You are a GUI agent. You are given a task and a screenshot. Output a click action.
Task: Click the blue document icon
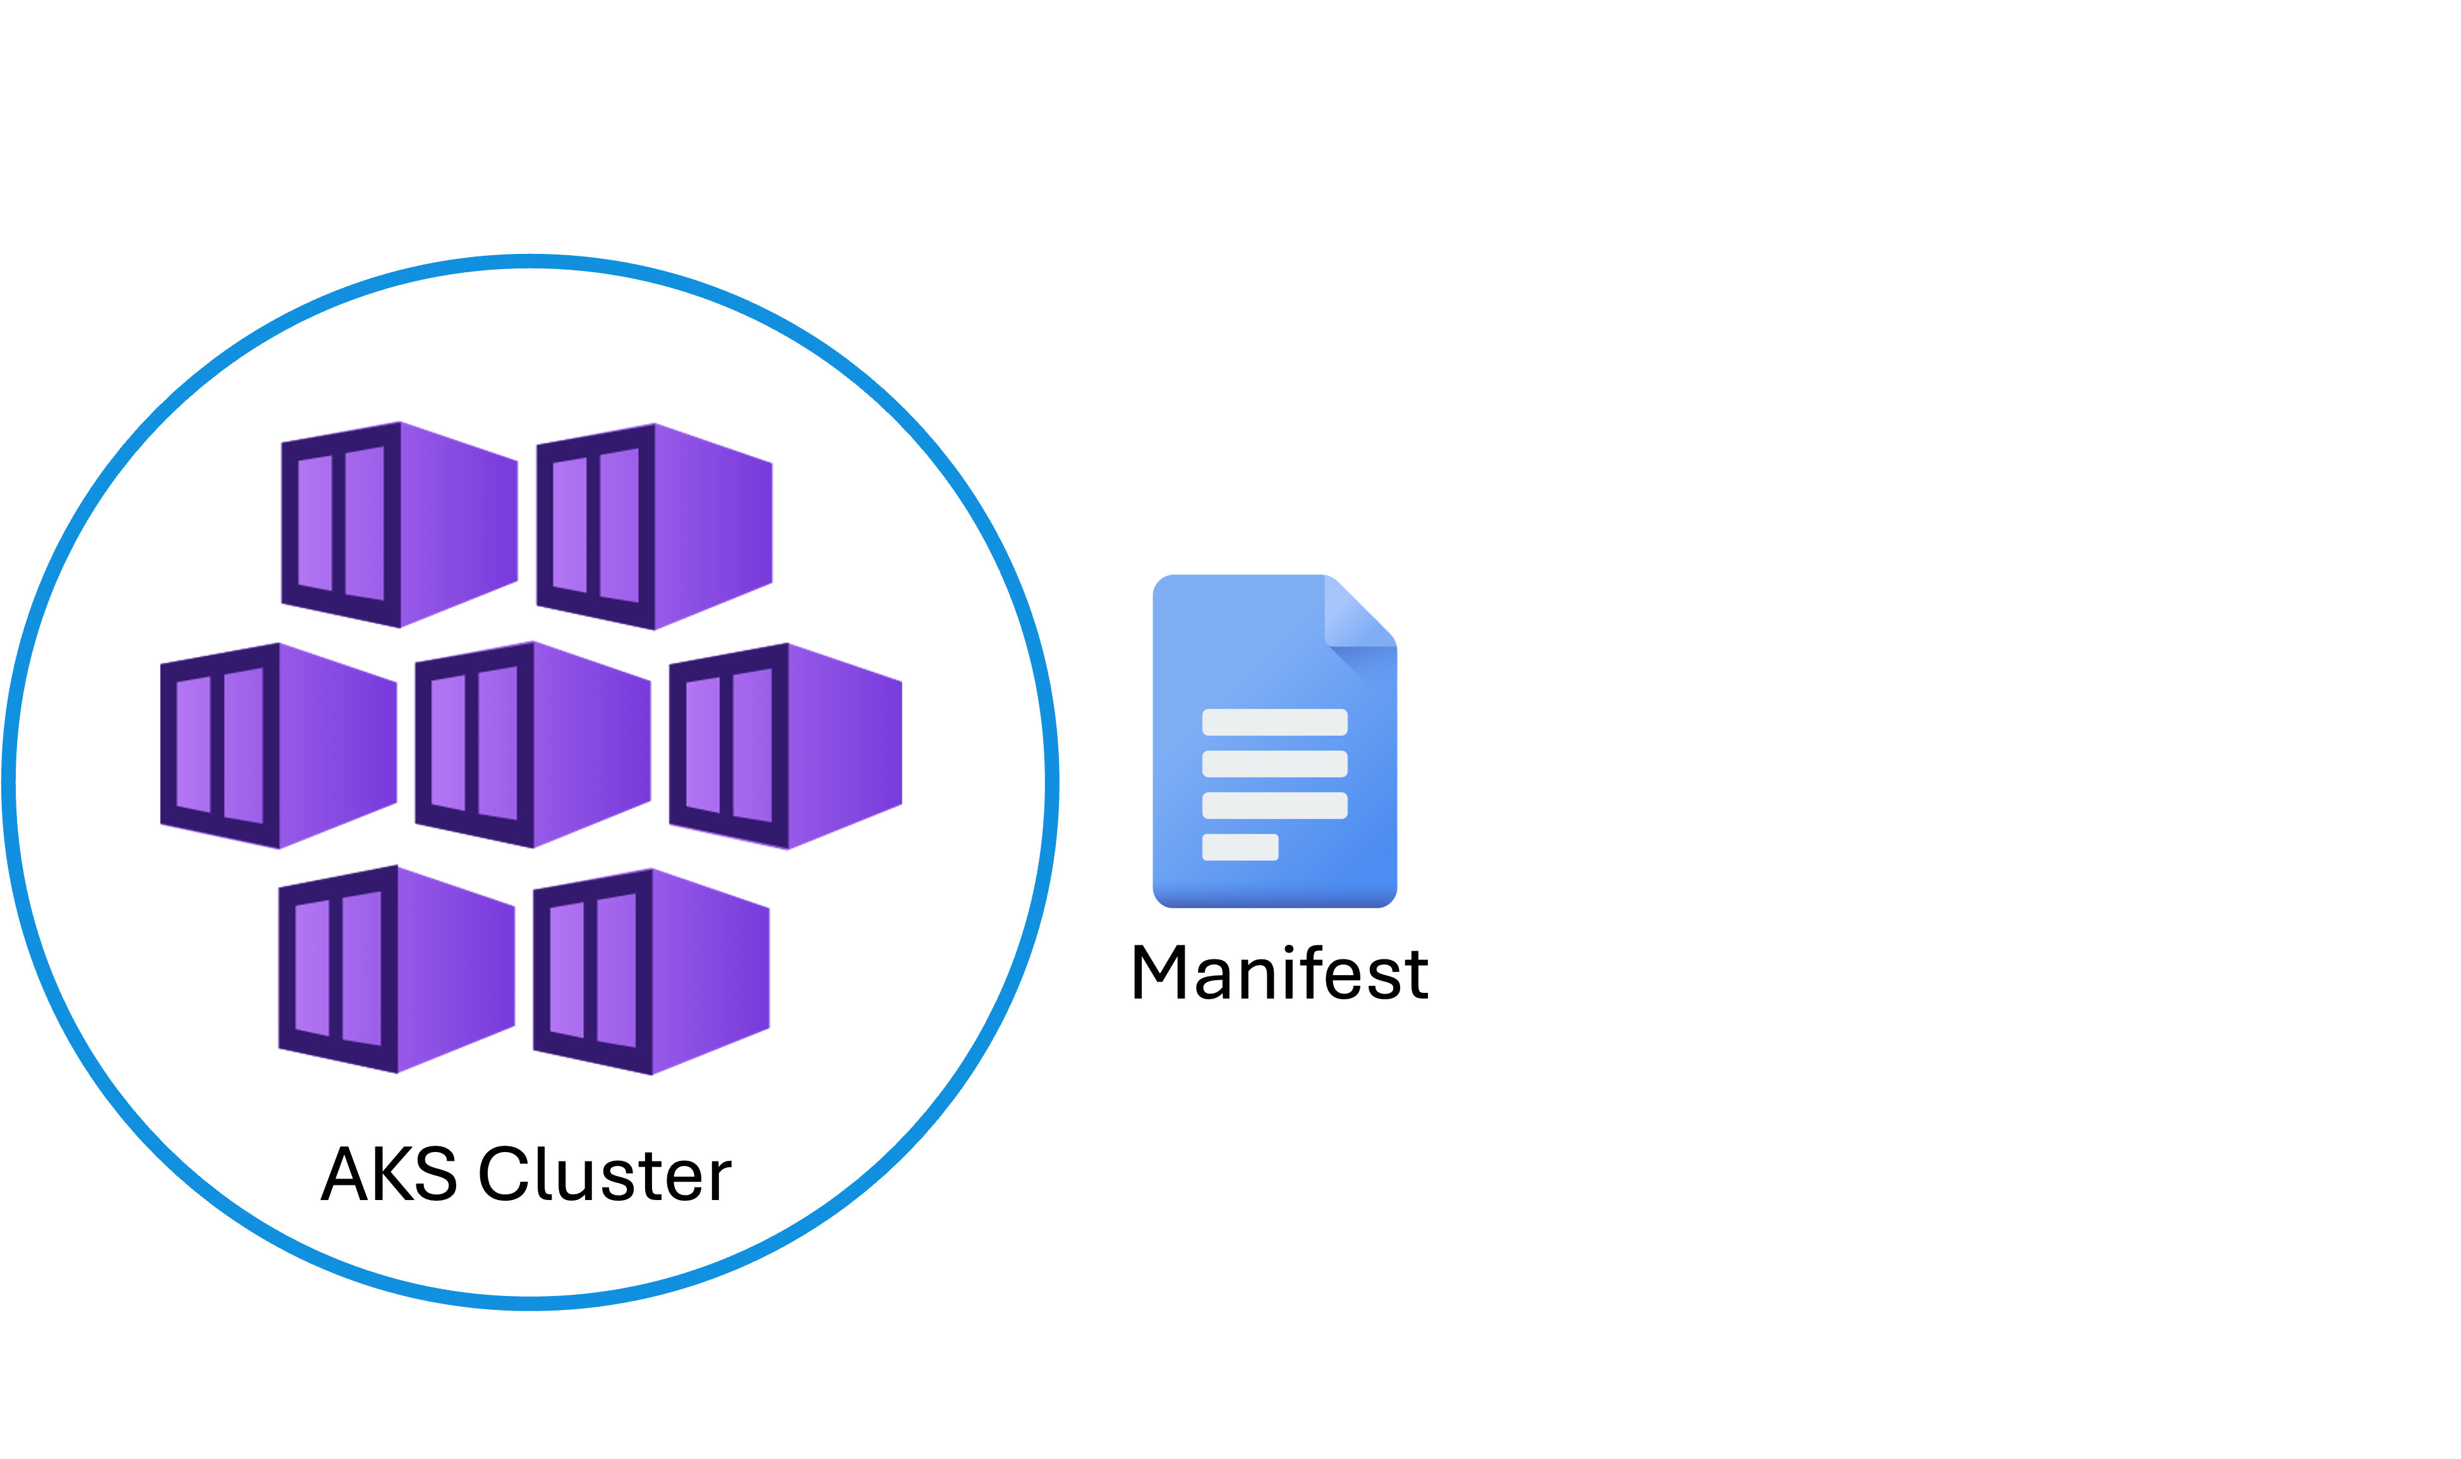pyautogui.click(x=1274, y=740)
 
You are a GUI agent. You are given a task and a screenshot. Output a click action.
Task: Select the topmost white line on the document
pyautogui.click(x=1274, y=722)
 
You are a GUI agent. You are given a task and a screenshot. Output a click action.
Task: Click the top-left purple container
pyautogui.click(x=399, y=525)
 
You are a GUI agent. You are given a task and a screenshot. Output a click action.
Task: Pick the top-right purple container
pyautogui.click(x=654, y=527)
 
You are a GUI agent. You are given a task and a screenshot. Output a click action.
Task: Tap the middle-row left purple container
pyautogui.click(x=279, y=745)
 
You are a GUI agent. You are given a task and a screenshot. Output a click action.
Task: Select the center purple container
pyautogui.click(x=533, y=744)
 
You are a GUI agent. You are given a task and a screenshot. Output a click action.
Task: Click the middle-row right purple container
pyautogui.click(x=785, y=746)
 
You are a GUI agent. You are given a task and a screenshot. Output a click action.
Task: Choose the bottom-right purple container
pyautogui.click(x=651, y=971)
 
